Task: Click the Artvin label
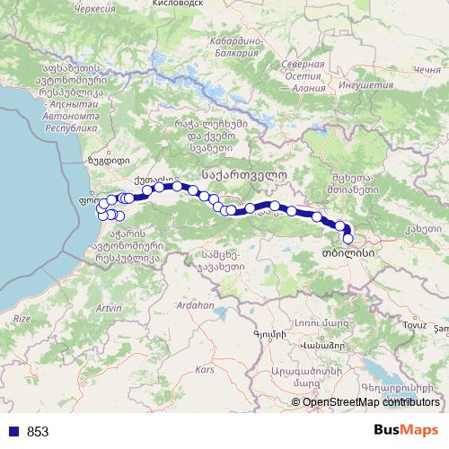pos(108,308)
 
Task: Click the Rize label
pos(21,318)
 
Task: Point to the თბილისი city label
pos(346,254)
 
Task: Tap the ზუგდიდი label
pos(104,162)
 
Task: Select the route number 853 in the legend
pos(38,432)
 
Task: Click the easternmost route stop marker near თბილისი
pos(348,239)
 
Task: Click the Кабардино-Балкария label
pos(236,47)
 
